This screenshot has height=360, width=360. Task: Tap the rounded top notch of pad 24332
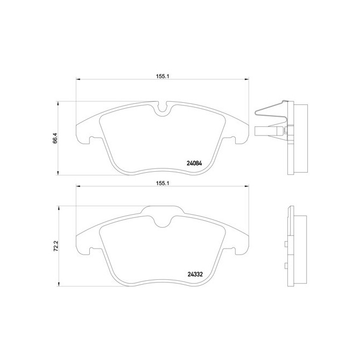pyautogui.click(x=163, y=218)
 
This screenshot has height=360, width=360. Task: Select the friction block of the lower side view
pyautogui.click(x=301, y=247)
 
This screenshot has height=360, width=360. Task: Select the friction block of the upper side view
pyautogui.click(x=301, y=138)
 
